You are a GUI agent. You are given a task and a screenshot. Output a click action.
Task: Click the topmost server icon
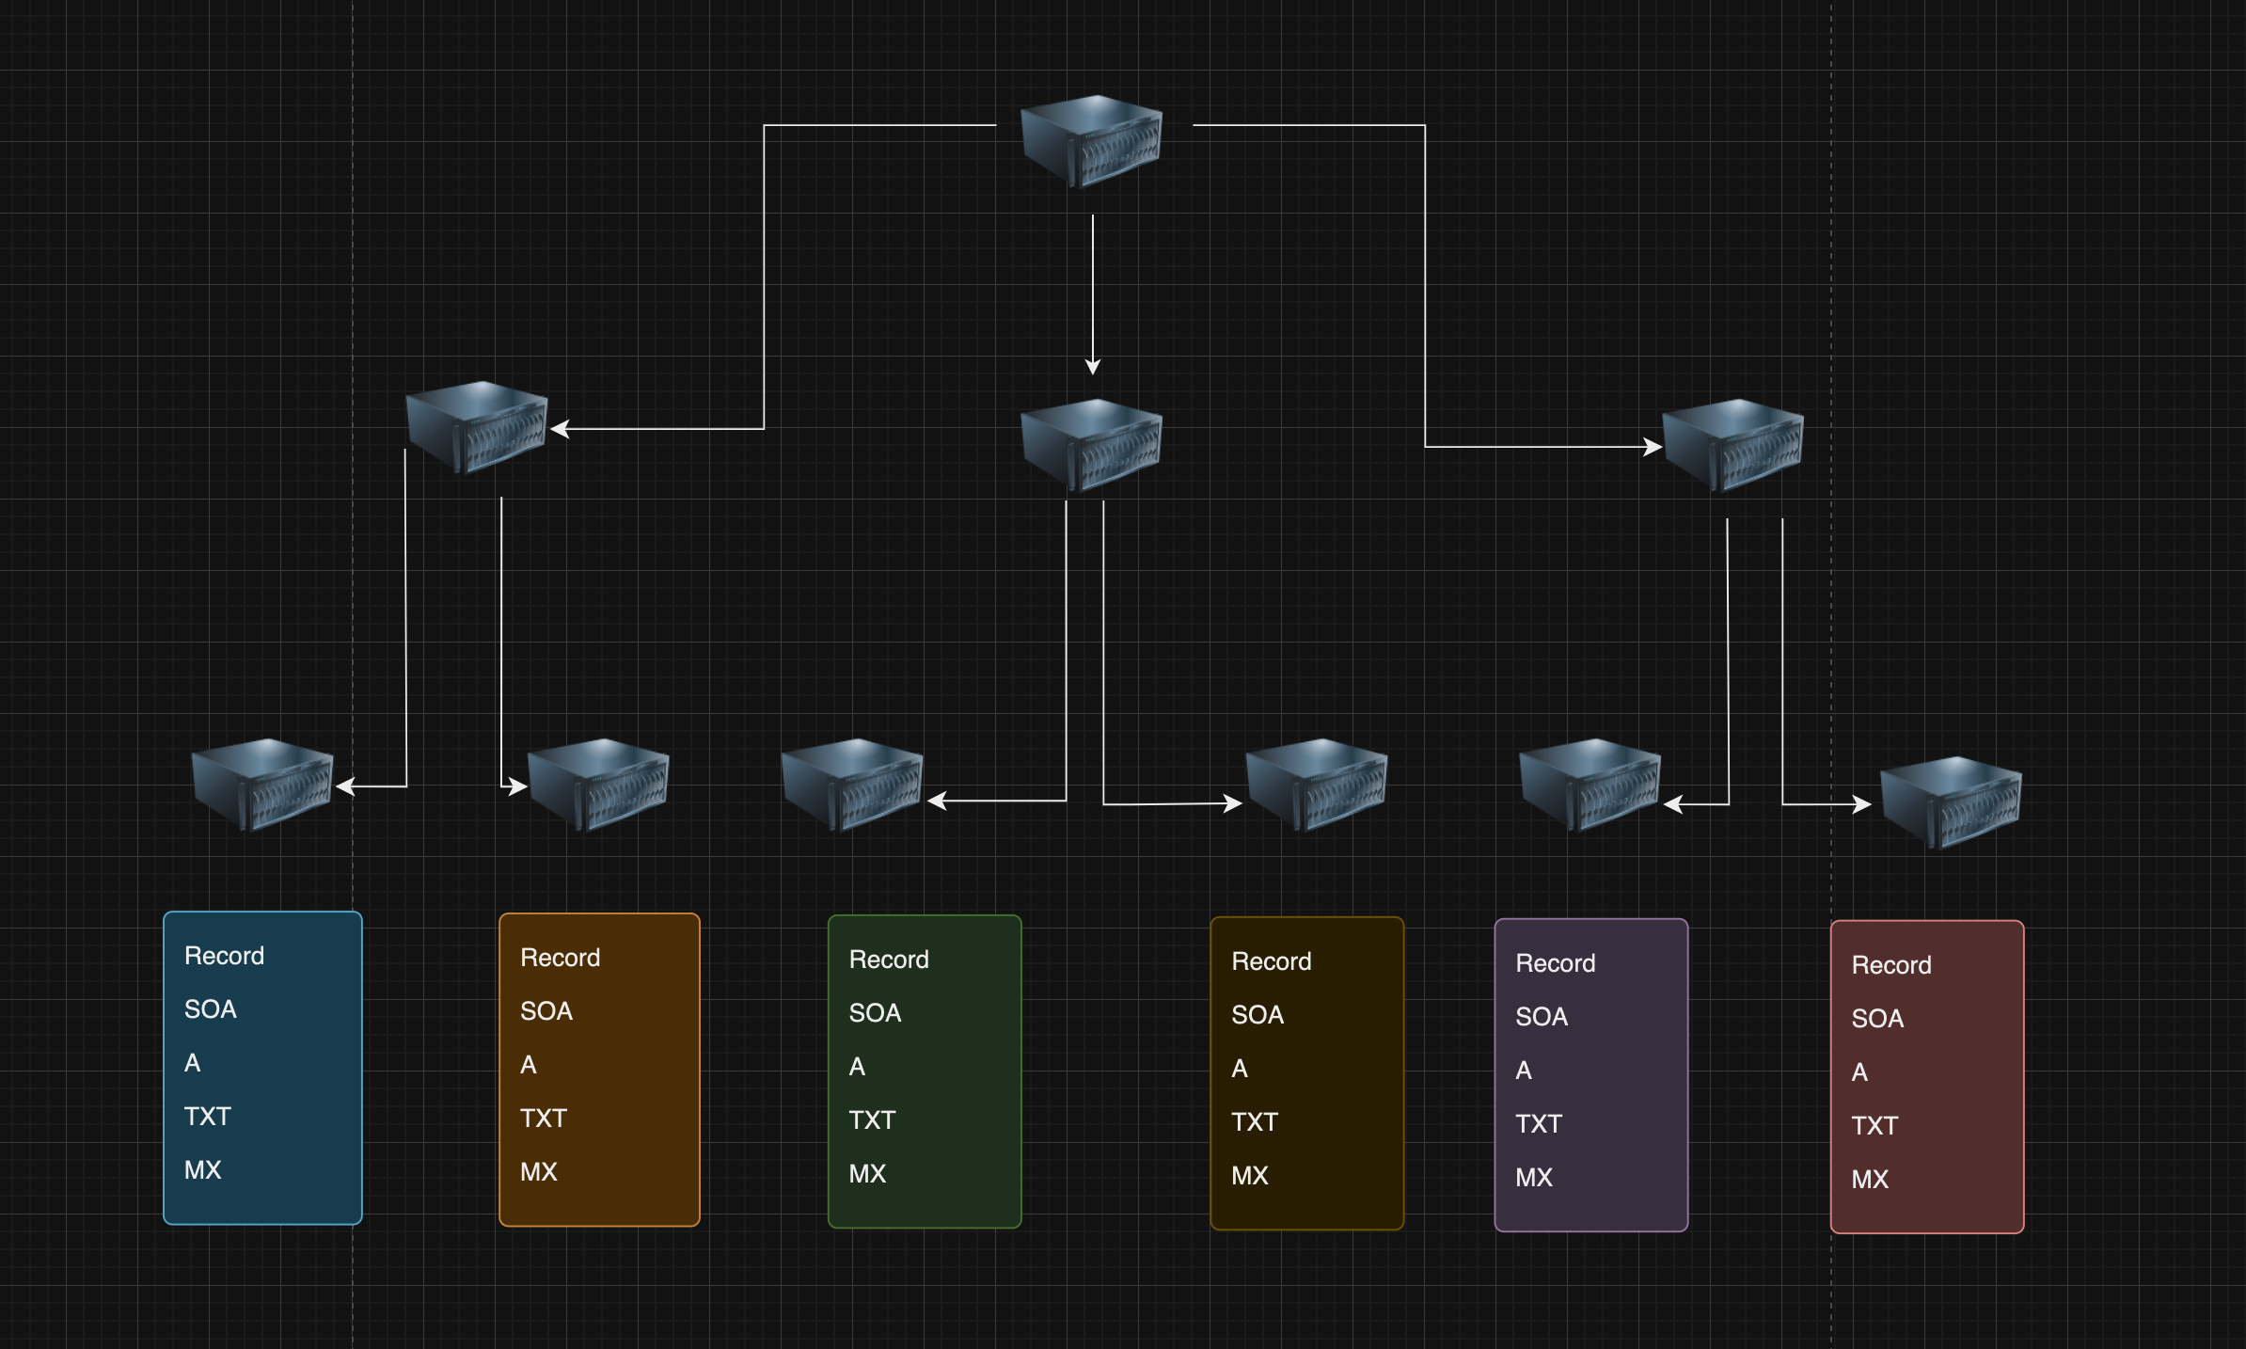click(x=1092, y=141)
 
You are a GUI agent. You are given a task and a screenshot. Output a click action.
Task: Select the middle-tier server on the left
click(x=477, y=427)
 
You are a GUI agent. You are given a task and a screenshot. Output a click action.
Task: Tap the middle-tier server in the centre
click(x=1092, y=445)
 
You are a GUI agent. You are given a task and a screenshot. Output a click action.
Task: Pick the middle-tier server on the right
click(x=1733, y=445)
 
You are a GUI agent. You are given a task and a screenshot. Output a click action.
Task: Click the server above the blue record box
click(x=262, y=785)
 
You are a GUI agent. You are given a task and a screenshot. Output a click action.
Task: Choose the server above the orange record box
click(x=598, y=785)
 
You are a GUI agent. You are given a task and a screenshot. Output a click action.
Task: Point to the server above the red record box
click(x=1951, y=802)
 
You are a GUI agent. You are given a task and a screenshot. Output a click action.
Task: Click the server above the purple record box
click(x=1590, y=785)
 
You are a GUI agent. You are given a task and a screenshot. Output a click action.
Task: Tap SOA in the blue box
click(x=211, y=1009)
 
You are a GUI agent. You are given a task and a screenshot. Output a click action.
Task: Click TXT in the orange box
click(x=544, y=1119)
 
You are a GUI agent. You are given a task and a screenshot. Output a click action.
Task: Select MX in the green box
click(x=867, y=1174)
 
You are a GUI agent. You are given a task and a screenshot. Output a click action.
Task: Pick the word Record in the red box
click(x=1891, y=965)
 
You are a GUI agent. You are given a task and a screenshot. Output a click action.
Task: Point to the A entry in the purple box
click(x=1524, y=1071)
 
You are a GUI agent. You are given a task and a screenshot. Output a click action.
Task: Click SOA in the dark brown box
click(x=1257, y=1015)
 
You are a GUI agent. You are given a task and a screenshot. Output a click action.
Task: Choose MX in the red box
click(x=1870, y=1180)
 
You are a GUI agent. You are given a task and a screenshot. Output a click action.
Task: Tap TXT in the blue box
click(x=208, y=1117)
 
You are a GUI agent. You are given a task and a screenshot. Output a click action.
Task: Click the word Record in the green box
click(x=889, y=960)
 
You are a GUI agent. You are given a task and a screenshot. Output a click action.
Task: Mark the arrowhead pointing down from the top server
click(x=1093, y=367)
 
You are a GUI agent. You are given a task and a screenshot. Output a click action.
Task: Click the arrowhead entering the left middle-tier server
click(x=560, y=429)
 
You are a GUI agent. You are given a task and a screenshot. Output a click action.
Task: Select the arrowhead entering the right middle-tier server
click(x=1653, y=447)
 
